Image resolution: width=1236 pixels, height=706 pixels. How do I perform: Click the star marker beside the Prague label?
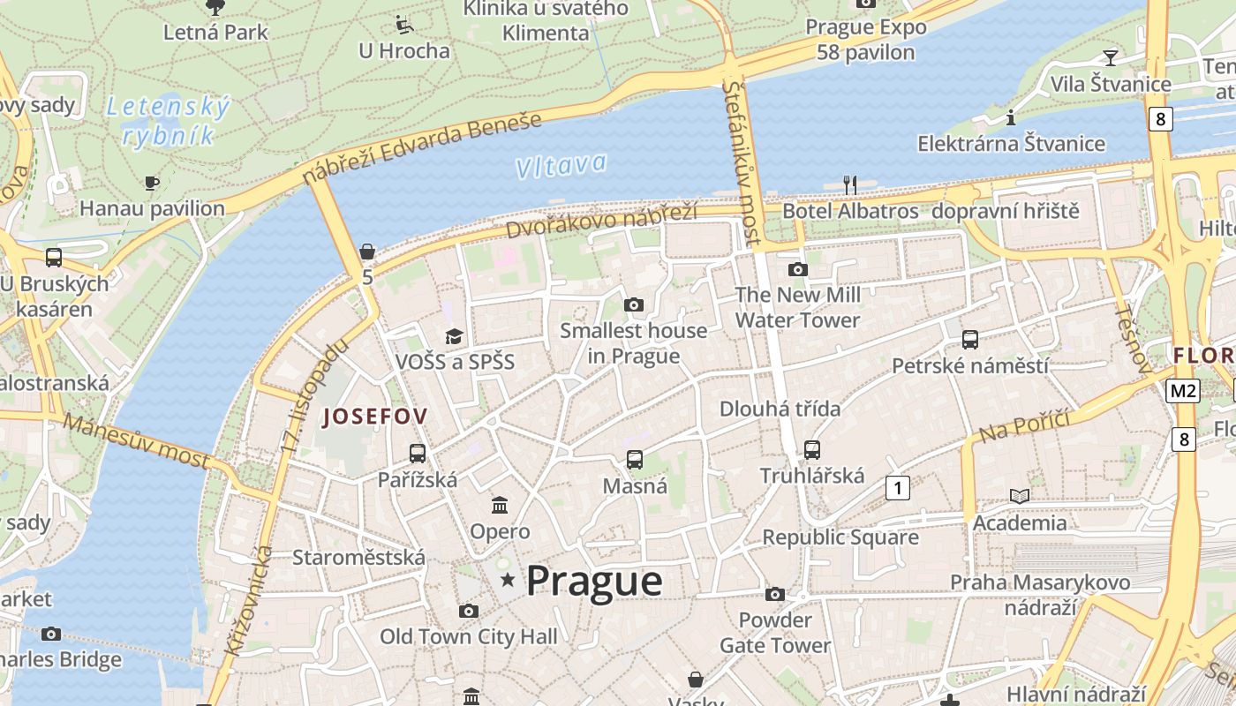click(508, 580)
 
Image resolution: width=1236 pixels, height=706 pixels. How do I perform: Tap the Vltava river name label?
click(561, 165)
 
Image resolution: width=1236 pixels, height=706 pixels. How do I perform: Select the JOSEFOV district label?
click(375, 417)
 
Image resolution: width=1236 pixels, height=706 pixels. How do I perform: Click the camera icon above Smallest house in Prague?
click(633, 304)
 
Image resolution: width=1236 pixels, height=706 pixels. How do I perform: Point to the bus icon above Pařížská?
click(418, 454)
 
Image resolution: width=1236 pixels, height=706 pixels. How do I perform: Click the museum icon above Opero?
click(500, 506)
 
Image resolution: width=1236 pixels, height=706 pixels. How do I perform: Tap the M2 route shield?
click(1182, 390)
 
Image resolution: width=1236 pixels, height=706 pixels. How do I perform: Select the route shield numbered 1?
click(898, 487)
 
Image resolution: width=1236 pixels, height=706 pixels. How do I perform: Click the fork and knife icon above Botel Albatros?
click(850, 184)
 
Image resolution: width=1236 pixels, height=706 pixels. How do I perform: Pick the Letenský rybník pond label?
click(168, 121)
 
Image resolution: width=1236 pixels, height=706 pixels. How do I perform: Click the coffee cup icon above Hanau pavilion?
click(152, 183)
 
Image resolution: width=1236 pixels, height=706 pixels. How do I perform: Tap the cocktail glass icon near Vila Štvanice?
click(1111, 57)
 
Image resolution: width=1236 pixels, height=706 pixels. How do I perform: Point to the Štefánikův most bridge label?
click(742, 163)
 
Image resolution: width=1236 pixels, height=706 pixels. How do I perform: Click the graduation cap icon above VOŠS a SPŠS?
click(454, 336)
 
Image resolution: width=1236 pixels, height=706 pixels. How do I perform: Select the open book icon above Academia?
click(1020, 497)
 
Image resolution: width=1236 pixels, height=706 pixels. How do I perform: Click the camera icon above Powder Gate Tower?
click(775, 594)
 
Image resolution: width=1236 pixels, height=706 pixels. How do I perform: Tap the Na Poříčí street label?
click(1024, 426)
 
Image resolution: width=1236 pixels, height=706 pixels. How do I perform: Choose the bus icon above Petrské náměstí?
click(969, 339)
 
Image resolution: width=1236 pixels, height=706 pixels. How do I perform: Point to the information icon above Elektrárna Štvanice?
click(1011, 117)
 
